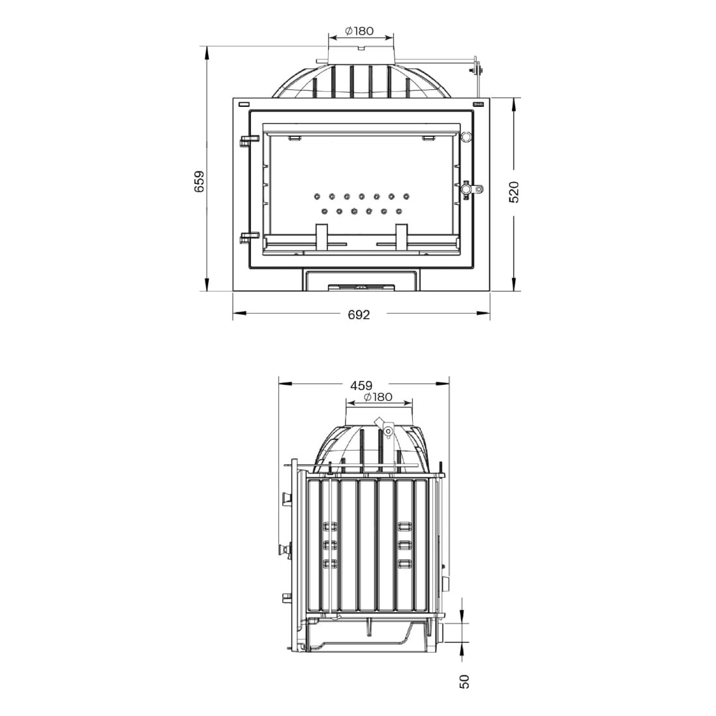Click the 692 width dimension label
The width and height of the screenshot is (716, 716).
pyautogui.click(x=359, y=315)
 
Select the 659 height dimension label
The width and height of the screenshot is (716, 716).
pyautogui.click(x=200, y=181)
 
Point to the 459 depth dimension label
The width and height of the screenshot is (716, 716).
pyautogui.click(x=361, y=385)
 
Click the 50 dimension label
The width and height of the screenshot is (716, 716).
pyautogui.click(x=464, y=681)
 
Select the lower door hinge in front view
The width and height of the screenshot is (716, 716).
pyautogui.click(x=247, y=237)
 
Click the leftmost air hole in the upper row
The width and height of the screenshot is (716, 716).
pyautogui.click(x=316, y=196)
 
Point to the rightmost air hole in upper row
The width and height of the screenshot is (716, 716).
pyautogui.click(x=406, y=196)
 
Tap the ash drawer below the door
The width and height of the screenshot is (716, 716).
pyautogui.click(x=361, y=280)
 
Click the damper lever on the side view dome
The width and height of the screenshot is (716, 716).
pyautogui.click(x=386, y=428)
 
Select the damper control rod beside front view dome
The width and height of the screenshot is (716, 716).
pyautogui.click(x=479, y=70)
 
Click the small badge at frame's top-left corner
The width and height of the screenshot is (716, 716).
pyautogui.click(x=244, y=104)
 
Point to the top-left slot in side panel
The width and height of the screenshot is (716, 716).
pyautogui.click(x=330, y=525)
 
